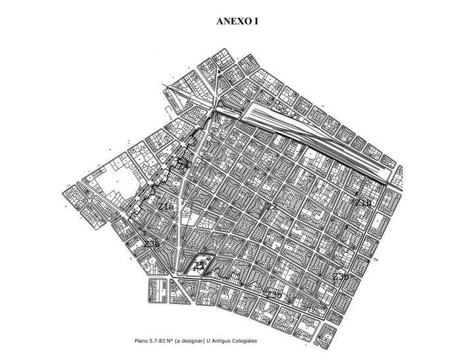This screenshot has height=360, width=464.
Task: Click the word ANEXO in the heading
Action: (231, 21)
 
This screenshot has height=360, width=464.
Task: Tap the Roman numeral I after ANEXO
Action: (255, 21)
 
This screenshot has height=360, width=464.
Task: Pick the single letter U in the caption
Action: (214, 341)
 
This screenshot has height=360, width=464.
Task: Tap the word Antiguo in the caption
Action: (228, 341)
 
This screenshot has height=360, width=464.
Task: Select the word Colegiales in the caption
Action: (254, 341)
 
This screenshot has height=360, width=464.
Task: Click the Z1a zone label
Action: (166, 207)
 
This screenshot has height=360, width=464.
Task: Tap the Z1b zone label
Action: (363, 202)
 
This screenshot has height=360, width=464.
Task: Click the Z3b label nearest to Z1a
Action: (152, 244)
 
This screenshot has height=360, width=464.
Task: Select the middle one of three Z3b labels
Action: (274, 294)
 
